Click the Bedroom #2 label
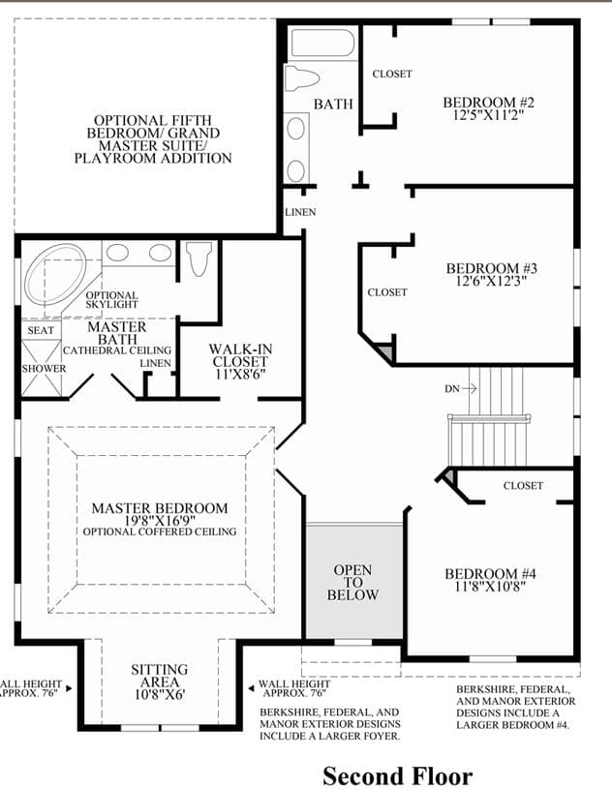pos(488,103)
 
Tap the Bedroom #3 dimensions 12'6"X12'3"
pos(491,281)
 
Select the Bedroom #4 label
pos(490,574)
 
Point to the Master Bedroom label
pos(160,508)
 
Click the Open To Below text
pos(352,583)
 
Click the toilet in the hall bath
pos(301,78)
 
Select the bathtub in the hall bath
pos(322,44)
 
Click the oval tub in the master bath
pos(55,274)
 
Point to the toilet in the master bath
pos(199,258)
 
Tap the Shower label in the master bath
pos(44,368)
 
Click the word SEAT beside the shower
pos(41,330)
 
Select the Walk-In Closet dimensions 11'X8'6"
pos(240,374)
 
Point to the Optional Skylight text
pos(111,300)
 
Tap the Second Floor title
pos(398,775)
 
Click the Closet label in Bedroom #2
pos(392,74)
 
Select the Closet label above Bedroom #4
pos(523,486)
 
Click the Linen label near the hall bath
pos(300,212)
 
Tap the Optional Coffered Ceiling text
pos(160,531)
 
